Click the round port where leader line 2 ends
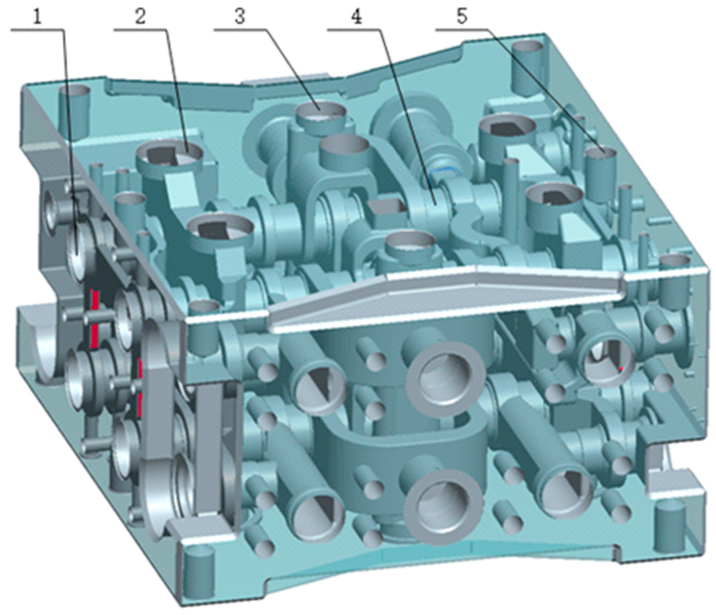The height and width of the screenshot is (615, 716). click(x=170, y=155)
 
